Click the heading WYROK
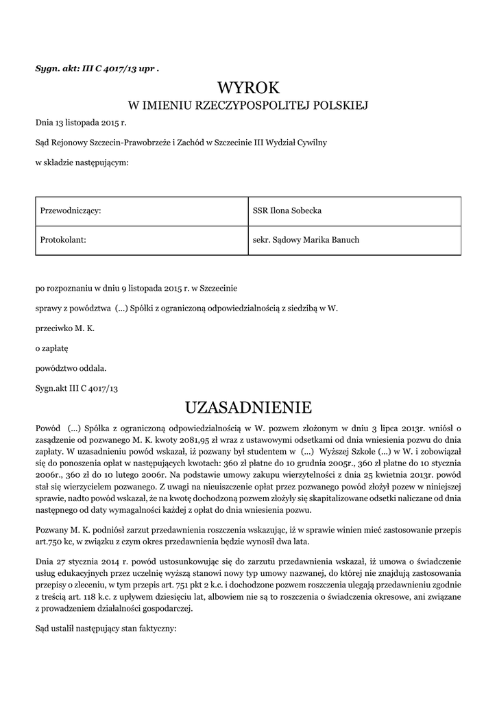coord(249,88)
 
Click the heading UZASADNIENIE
coord(249,407)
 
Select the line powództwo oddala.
coord(71,368)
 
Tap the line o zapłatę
coord(52,348)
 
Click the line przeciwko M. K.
coord(65,328)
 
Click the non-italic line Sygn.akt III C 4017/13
coord(77,388)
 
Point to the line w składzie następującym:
coord(82,162)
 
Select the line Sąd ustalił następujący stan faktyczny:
coord(106,627)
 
